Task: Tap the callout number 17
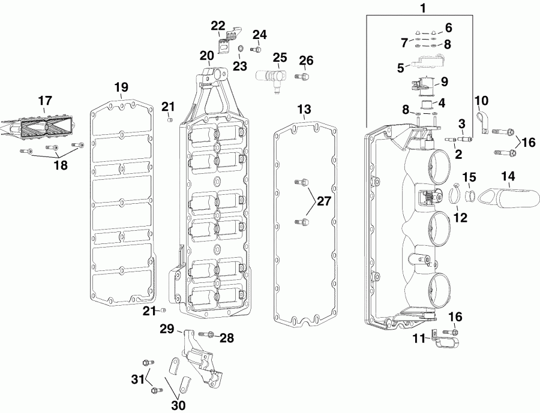46,101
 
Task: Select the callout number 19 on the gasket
121,86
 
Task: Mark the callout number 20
206,56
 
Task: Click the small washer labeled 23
239,49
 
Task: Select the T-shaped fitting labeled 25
273,79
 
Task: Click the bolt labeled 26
305,76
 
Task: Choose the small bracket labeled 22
227,41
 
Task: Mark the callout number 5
400,68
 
